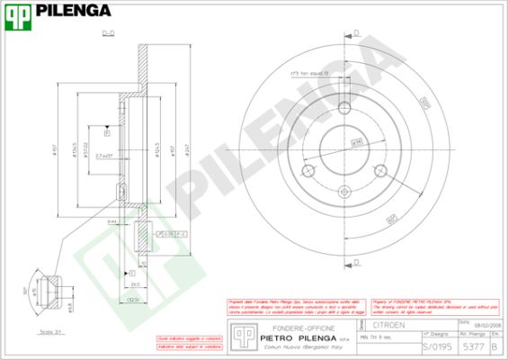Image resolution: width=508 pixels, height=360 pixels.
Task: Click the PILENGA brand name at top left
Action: point(74,12)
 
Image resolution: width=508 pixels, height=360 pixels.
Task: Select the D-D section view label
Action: point(108,33)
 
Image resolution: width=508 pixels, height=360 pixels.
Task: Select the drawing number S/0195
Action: point(436,346)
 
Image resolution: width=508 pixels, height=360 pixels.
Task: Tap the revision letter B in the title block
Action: point(495,346)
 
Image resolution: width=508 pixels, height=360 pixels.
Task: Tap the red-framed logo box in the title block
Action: point(240,335)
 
